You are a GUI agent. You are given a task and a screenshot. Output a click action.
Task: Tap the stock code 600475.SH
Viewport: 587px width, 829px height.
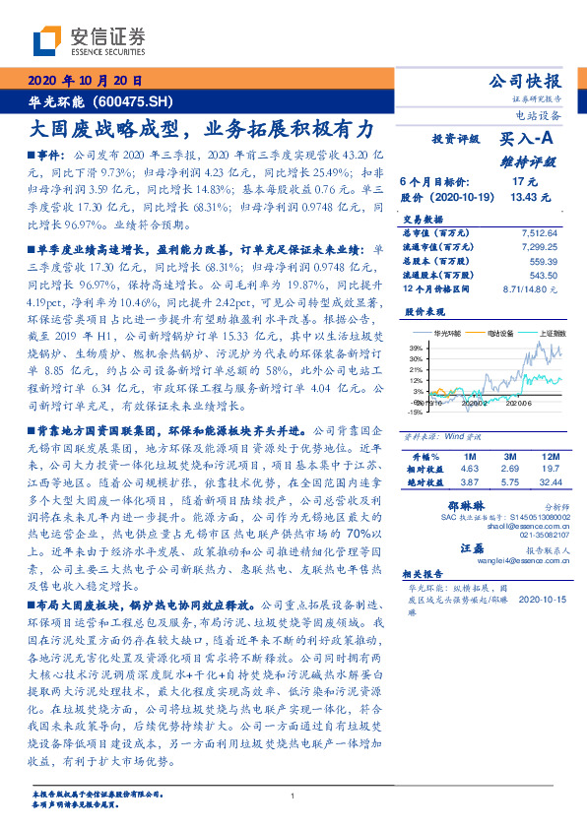[x=133, y=101]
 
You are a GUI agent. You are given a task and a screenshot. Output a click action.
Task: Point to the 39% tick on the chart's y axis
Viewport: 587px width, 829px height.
[x=416, y=348]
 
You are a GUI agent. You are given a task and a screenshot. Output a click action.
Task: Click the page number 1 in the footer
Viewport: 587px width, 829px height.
[x=293, y=797]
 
